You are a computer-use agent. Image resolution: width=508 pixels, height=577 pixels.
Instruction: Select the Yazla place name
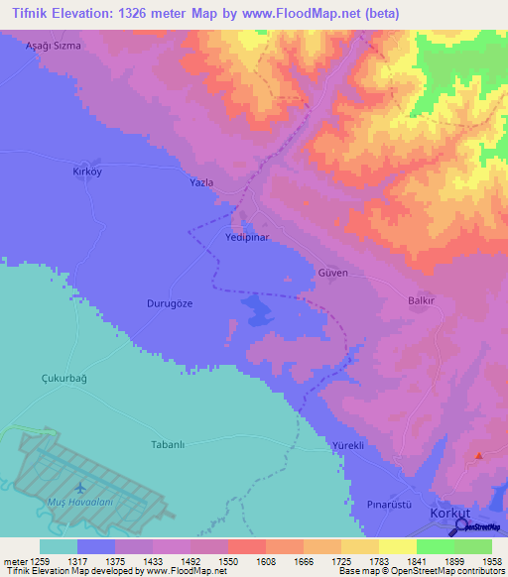201,184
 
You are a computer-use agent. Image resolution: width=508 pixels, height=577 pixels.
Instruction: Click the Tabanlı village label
169,444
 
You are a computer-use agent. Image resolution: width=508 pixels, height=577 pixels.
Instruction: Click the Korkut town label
447,514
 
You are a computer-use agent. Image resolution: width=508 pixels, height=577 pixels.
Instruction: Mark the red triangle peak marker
479,456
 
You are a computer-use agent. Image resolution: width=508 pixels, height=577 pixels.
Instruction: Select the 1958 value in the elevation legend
479,561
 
